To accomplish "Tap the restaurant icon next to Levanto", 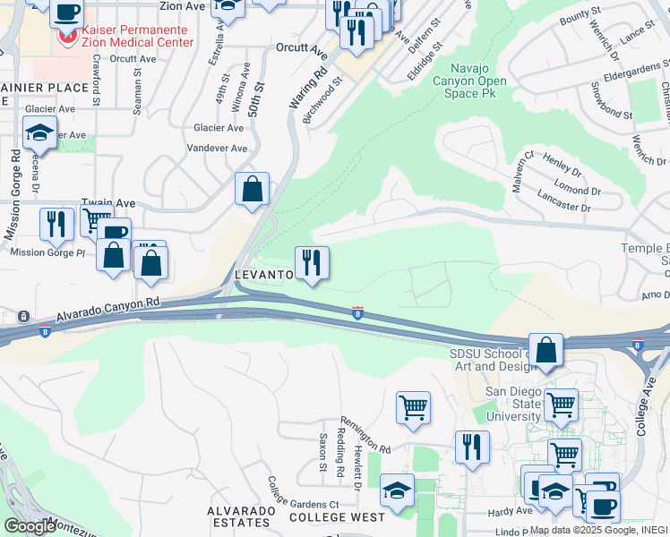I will tap(312, 264).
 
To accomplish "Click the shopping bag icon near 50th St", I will tap(253, 190).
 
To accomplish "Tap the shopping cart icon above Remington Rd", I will tap(413, 408).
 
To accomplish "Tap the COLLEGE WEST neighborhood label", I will tap(337, 517).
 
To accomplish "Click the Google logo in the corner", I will tap(30, 525).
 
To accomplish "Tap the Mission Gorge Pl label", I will tap(47, 252).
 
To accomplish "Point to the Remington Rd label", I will tap(365, 434).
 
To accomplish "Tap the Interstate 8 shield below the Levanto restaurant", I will tap(357, 312).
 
